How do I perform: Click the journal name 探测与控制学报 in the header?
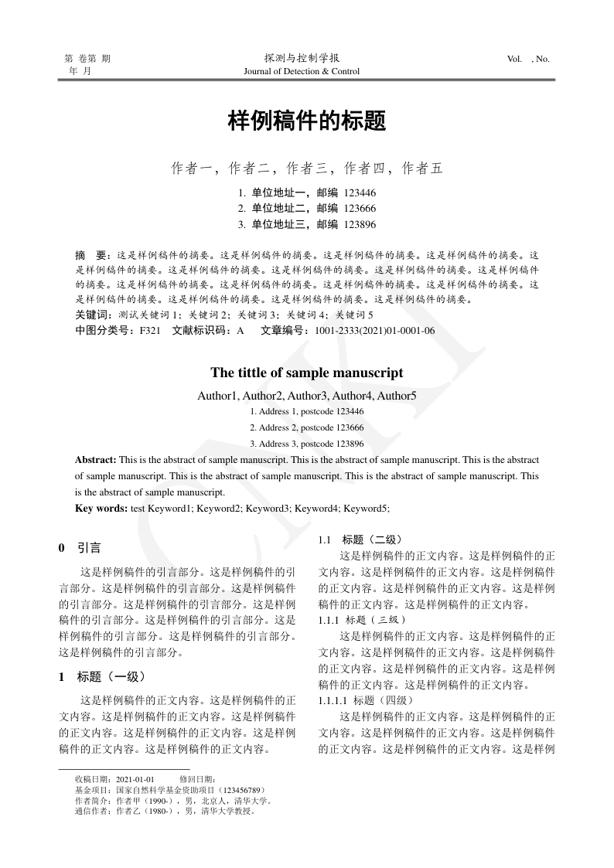click(302, 58)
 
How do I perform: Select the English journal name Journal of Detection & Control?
click(302, 72)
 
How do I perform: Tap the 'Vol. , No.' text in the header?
click(528, 59)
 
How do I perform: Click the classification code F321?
click(149, 331)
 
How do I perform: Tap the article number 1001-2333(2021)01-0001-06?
click(374, 331)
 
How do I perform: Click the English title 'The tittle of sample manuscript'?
click(307, 373)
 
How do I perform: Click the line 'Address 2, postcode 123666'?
click(307, 427)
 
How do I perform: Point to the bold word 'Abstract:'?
click(96, 460)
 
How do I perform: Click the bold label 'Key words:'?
click(101, 508)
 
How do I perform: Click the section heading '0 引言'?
click(80, 548)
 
